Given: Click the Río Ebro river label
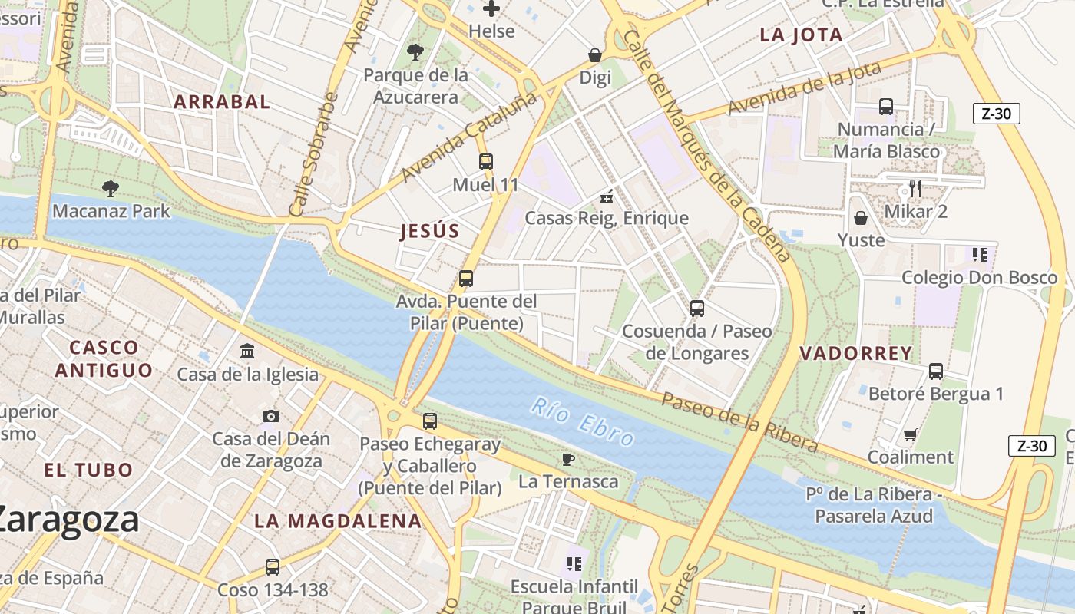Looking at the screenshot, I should [582, 421].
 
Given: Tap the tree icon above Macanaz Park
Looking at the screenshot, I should [111, 188].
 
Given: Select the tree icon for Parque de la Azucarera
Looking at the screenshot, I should [415, 52].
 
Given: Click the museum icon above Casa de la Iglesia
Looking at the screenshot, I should [248, 352].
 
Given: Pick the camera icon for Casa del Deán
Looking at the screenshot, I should [270, 416].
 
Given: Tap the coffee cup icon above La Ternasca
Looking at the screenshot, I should [567, 459].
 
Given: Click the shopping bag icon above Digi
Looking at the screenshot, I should [594, 55].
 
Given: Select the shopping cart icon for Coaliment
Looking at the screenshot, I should [910, 434].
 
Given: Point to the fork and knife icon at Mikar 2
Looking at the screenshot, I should [915, 189].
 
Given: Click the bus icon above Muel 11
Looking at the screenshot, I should [485, 162].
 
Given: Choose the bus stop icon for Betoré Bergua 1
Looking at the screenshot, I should [935, 371].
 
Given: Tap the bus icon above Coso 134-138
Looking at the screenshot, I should [273, 567].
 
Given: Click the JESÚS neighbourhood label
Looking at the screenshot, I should [430, 231].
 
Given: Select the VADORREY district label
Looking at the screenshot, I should [855, 353].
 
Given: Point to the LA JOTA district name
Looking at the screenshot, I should [801, 35].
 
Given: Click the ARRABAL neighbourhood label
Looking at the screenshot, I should [221, 101].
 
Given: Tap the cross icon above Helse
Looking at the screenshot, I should [491, 9].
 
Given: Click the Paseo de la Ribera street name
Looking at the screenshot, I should [739, 421].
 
